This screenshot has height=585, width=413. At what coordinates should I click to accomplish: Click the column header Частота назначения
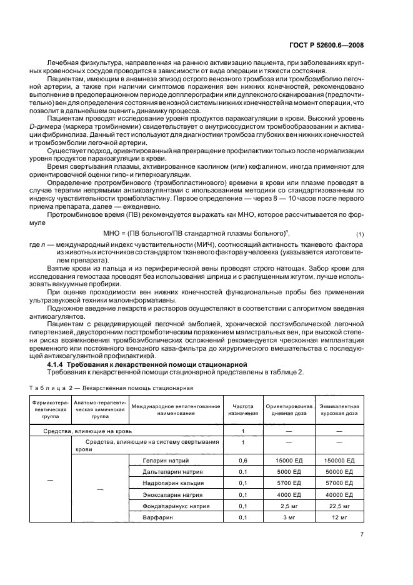click(x=243, y=409)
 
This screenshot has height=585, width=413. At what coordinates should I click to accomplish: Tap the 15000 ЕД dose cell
click(x=289, y=461)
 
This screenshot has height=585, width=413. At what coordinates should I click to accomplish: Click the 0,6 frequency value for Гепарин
click(x=243, y=461)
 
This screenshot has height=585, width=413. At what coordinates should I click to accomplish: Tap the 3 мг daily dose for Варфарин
click(x=289, y=517)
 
